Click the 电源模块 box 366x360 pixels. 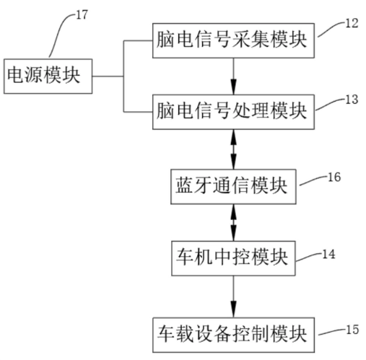48,76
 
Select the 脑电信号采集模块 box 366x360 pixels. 233,40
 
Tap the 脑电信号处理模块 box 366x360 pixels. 233,112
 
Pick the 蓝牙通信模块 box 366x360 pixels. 233,187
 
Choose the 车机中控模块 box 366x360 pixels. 233,258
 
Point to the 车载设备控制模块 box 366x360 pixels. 233,335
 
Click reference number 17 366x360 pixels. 82,15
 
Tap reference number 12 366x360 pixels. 352,23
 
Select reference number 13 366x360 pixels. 352,100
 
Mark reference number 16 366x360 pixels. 334,177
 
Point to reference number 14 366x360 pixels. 328,254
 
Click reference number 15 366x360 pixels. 352,330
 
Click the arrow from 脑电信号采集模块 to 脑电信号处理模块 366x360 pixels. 233,76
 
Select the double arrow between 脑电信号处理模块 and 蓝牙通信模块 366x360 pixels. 233,149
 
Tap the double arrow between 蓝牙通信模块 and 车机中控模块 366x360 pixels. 233,222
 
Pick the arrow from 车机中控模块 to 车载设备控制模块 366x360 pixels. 233,297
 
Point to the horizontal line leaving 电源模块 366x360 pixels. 108,76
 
